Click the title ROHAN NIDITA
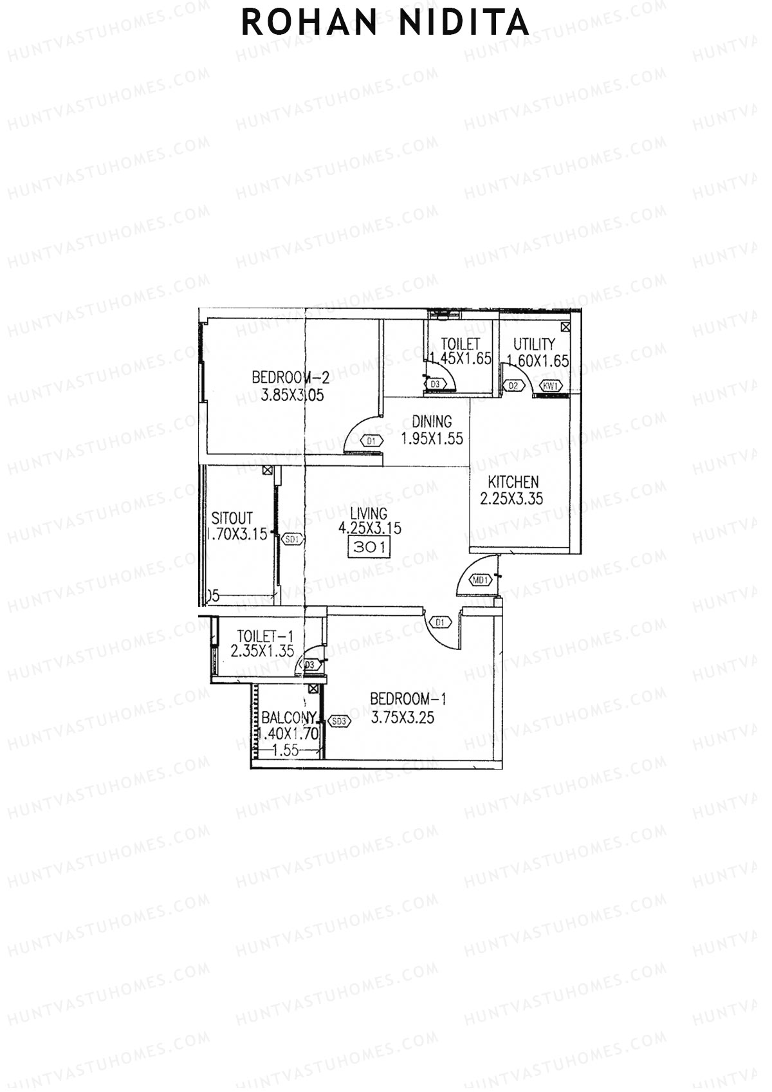[385, 23]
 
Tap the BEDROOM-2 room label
[291, 376]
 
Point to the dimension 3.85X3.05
[292, 394]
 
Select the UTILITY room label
[534, 344]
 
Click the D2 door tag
[513, 385]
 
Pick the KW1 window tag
[551, 386]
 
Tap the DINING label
[432, 422]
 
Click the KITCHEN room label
[513, 482]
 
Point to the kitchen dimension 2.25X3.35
[512, 499]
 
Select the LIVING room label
[369, 513]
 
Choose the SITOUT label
[232, 518]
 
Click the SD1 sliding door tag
[292, 539]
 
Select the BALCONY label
[289, 717]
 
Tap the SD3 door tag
[338, 721]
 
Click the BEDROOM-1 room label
[408, 699]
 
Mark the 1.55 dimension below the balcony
[285, 750]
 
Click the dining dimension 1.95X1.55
[432, 440]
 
